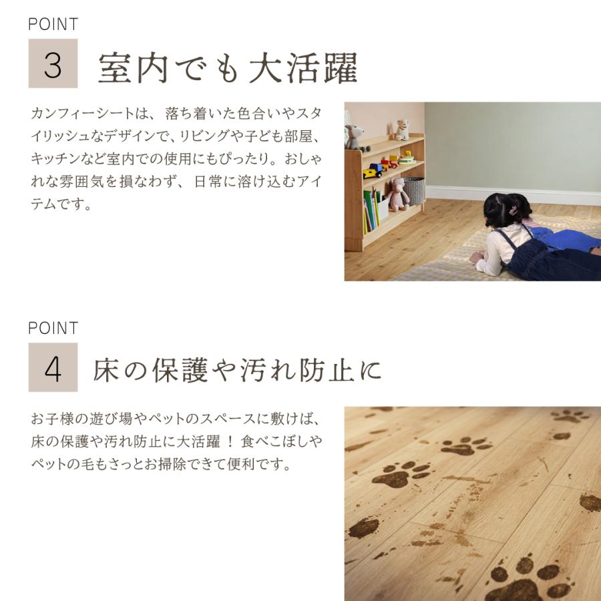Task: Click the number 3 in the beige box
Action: click(53, 64)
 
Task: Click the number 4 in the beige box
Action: click(53, 368)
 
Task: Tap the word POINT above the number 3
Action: click(53, 25)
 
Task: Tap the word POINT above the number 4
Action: click(53, 329)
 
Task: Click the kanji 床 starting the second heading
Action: click(110, 371)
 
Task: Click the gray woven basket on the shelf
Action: click(414, 190)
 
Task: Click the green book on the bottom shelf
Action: click(369, 209)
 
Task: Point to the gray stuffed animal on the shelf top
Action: click(354, 138)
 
